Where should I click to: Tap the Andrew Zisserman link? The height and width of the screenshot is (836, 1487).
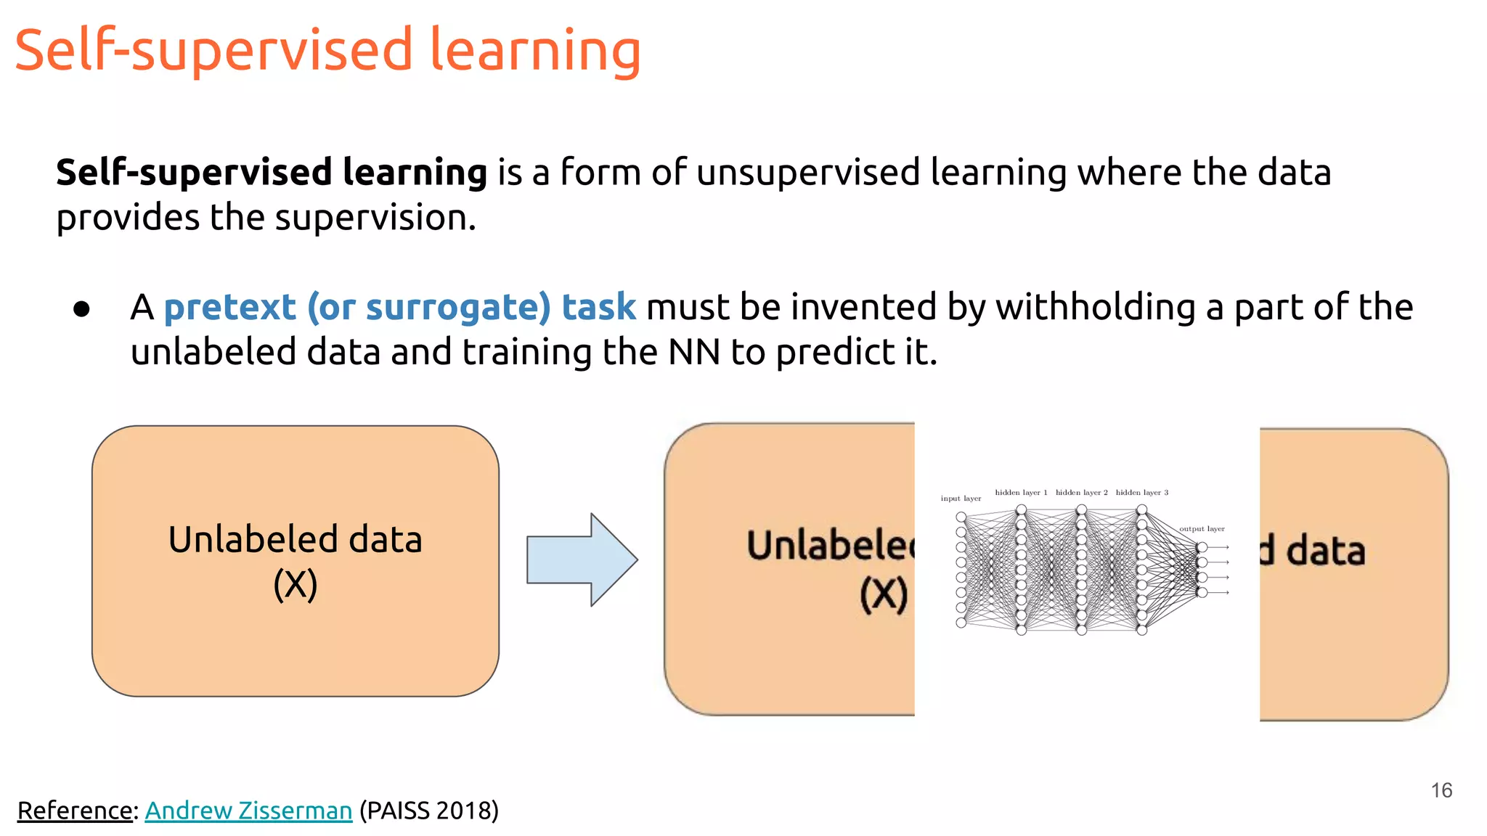[x=248, y=811]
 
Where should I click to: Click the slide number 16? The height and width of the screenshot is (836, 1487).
[x=1441, y=790]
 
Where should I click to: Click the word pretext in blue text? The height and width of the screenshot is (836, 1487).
[x=229, y=307]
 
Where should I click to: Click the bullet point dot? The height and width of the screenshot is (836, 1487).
[x=81, y=309]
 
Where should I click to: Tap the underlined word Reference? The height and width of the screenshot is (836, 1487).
[x=76, y=811]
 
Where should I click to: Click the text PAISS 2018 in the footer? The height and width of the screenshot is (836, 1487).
[x=428, y=811]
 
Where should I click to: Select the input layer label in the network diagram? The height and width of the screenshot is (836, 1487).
[x=961, y=499]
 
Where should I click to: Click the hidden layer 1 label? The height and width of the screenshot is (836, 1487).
[x=1021, y=493]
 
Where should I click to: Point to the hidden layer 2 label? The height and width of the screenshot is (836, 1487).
[x=1081, y=493]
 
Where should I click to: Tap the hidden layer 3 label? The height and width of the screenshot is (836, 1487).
[x=1142, y=493]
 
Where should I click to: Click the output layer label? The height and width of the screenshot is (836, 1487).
[x=1202, y=529]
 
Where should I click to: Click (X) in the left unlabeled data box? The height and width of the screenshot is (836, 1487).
[x=296, y=585]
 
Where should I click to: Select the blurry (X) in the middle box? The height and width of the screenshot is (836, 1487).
[x=884, y=595]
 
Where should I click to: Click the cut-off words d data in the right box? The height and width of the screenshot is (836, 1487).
[x=1313, y=551]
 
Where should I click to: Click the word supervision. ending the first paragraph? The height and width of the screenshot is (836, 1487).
[x=375, y=218]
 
